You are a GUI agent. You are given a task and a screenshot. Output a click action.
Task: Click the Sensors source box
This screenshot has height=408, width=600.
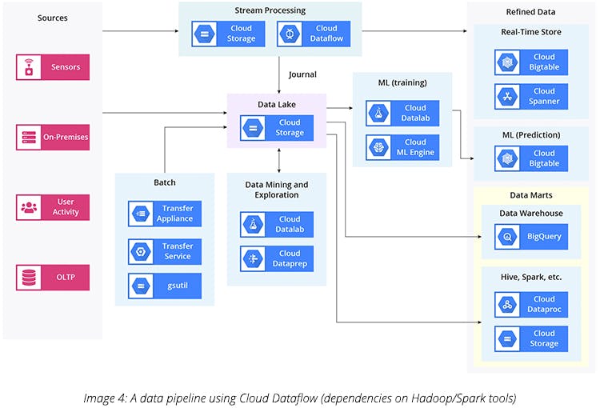click(x=53, y=67)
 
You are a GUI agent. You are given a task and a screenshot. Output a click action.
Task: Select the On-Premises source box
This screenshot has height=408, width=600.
click(x=53, y=137)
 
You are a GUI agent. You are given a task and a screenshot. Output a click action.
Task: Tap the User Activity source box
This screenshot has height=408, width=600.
click(x=53, y=207)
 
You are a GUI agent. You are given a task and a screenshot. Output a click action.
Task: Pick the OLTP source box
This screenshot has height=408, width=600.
click(x=53, y=278)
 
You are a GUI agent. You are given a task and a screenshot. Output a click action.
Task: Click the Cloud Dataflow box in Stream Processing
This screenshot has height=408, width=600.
click(x=313, y=34)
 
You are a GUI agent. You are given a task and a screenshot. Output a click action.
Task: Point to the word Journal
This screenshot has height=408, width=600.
click(x=302, y=74)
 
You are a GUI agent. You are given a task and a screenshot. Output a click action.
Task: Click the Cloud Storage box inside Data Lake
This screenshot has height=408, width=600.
click(x=277, y=127)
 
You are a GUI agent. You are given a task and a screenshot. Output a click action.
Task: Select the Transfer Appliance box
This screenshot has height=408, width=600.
click(x=165, y=214)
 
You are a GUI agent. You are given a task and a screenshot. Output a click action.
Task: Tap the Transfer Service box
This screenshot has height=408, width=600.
click(x=165, y=251)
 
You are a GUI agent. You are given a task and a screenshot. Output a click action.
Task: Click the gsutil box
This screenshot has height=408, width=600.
click(x=165, y=285)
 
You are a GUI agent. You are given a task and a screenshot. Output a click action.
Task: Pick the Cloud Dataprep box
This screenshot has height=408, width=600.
click(x=277, y=258)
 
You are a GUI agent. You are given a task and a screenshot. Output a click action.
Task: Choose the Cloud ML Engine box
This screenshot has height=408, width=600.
click(x=402, y=147)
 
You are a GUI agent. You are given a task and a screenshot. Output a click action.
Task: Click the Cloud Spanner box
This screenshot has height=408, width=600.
click(x=531, y=97)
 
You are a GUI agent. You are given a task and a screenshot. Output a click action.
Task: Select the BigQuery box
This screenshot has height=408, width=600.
click(x=531, y=237)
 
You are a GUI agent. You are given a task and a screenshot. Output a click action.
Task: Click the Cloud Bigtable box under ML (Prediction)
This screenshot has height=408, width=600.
click(x=531, y=158)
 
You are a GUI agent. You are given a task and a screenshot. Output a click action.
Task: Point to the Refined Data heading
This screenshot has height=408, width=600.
click(x=530, y=12)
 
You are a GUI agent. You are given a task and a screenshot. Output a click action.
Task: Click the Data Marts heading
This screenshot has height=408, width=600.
click(x=530, y=195)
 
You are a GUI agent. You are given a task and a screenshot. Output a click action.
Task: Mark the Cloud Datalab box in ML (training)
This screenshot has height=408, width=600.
click(x=402, y=114)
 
